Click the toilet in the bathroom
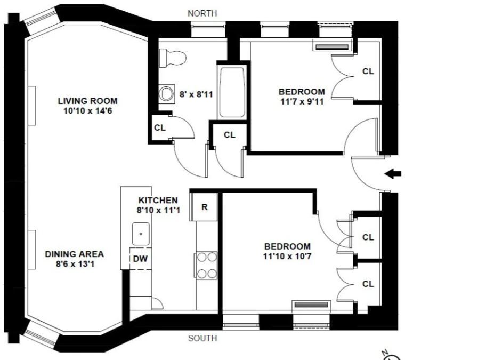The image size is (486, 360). click(172, 58)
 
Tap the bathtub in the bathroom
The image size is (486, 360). click(232, 92)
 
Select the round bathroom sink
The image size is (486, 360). click(167, 94)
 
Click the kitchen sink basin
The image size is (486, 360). click(141, 234)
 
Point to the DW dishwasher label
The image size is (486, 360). click(140, 259)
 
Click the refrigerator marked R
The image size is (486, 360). click(204, 207)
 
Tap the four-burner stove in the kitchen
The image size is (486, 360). click(206, 265)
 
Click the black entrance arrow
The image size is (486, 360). click(393, 174)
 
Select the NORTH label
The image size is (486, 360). click(203, 13)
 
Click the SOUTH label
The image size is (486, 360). click(203, 338)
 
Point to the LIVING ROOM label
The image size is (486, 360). click(88, 101)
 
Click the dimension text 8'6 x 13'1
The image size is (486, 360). click(75, 264)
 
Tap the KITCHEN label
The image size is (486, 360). click(158, 200)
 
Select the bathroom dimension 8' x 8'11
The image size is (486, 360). click(196, 94)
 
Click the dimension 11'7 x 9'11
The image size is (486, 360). click(302, 101)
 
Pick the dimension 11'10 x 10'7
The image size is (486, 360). click(287, 257)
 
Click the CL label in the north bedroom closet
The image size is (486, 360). click(368, 71)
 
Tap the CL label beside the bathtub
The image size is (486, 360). click(230, 135)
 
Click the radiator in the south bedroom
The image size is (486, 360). click(312, 305)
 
